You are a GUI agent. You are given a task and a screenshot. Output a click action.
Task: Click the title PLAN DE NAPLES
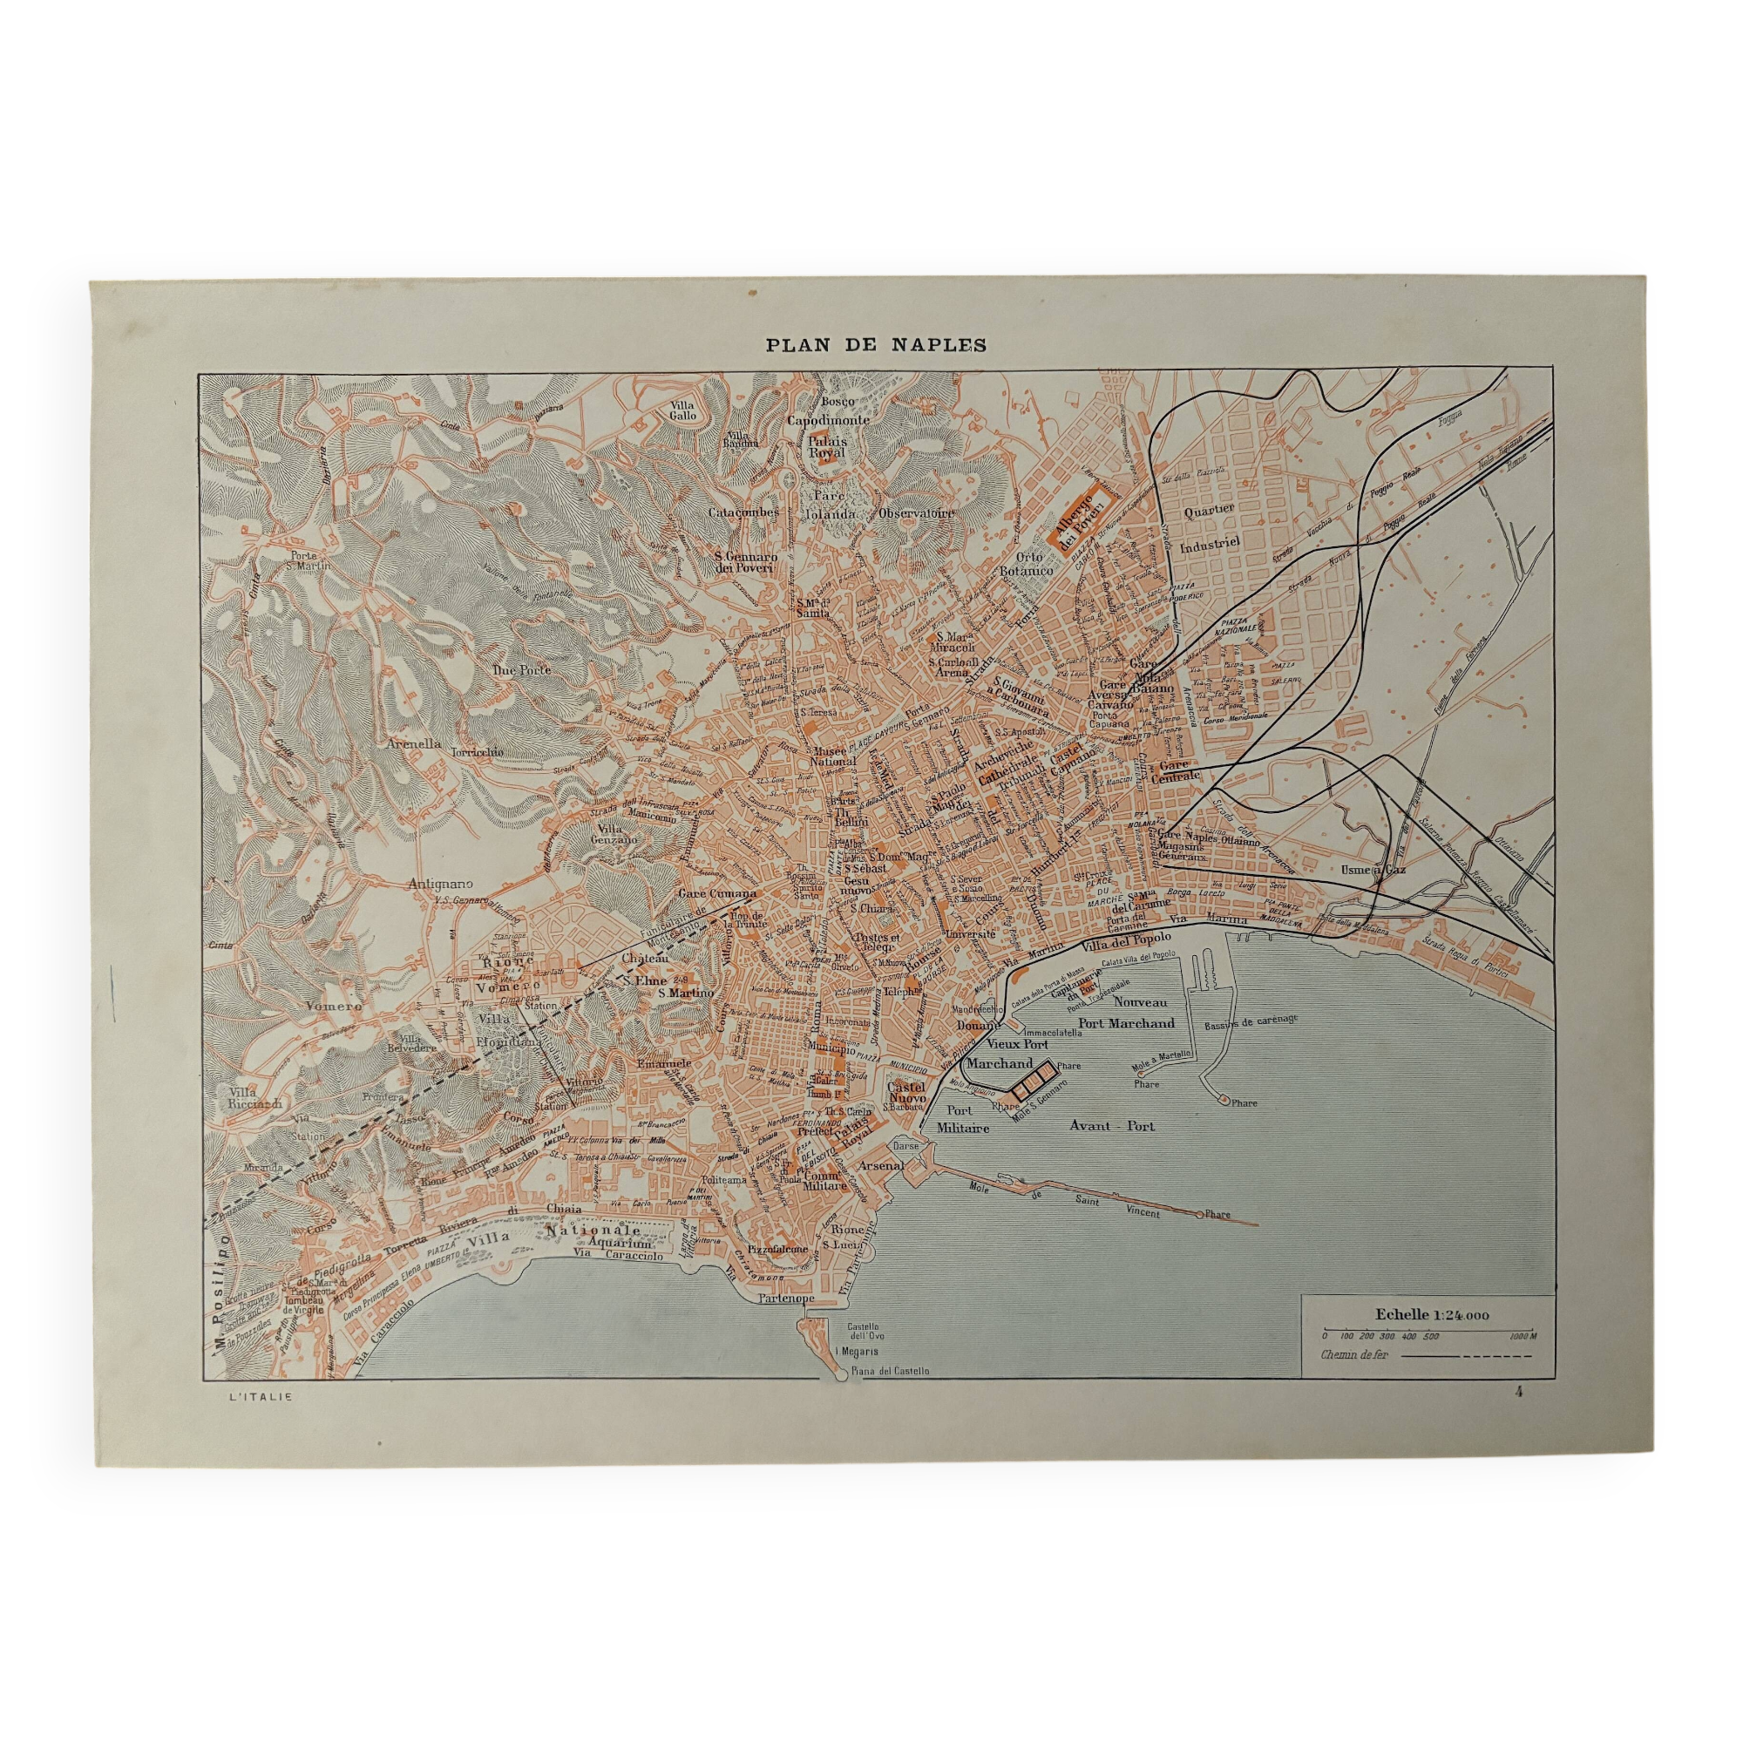pyautogui.click(x=875, y=344)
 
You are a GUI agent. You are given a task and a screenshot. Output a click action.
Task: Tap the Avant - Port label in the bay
pyautogui.click(x=1111, y=1126)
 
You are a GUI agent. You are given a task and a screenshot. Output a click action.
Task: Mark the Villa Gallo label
pyautogui.click(x=682, y=410)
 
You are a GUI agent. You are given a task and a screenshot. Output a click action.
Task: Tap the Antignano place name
pyautogui.click(x=440, y=884)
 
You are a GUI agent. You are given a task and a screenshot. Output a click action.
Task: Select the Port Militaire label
pyautogui.click(x=963, y=1119)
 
